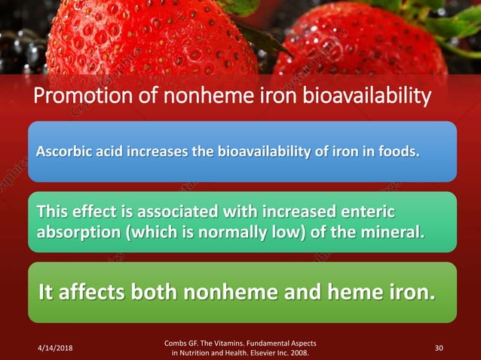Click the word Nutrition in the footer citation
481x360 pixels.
(195, 352)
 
